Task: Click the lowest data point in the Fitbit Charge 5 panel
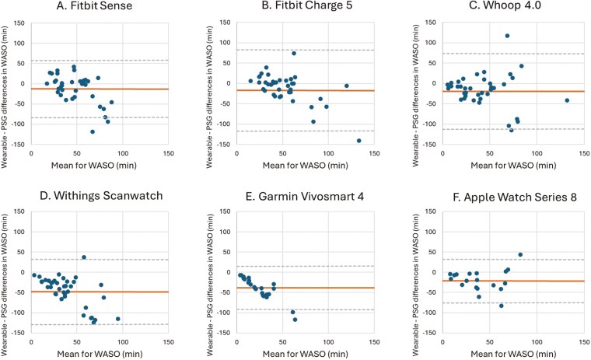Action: click(x=358, y=141)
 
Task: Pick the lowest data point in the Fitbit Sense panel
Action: click(x=92, y=132)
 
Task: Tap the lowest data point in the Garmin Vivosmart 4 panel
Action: click(x=295, y=320)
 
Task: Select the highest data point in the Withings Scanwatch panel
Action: click(x=84, y=257)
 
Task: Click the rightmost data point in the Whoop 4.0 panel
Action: click(x=567, y=100)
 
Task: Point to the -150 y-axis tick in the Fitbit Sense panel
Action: click(x=20, y=145)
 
